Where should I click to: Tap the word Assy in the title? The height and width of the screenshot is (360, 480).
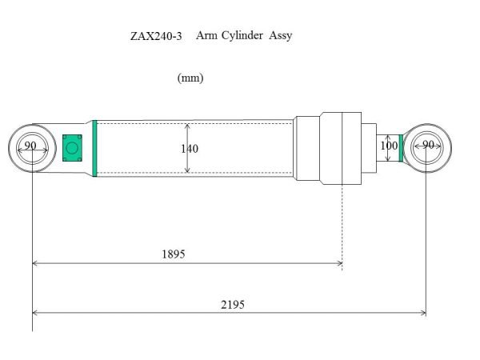[x=280, y=36]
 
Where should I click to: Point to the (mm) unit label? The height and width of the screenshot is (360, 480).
[x=190, y=78]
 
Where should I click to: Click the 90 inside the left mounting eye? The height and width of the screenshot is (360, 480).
[x=30, y=146]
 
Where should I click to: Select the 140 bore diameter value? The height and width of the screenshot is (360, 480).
[x=190, y=149]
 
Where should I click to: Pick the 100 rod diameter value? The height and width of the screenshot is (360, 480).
[x=389, y=146]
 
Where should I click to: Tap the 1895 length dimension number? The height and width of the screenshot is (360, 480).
[x=173, y=254]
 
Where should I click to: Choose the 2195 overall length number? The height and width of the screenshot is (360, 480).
[x=232, y=304]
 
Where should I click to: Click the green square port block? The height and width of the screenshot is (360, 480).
[x=72, y=147]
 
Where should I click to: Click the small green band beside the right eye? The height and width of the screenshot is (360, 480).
[x=401, y=147]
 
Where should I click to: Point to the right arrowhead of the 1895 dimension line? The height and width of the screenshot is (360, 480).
[x=339, y=262]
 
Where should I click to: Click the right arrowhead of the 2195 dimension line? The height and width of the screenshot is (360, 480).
[x=422, y=313]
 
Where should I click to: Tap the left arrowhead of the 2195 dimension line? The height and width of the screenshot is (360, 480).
[x=35, y=313]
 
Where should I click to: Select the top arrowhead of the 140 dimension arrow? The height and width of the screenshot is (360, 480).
[x=187, y=125]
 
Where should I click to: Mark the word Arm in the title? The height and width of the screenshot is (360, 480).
[x=206, y=36]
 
